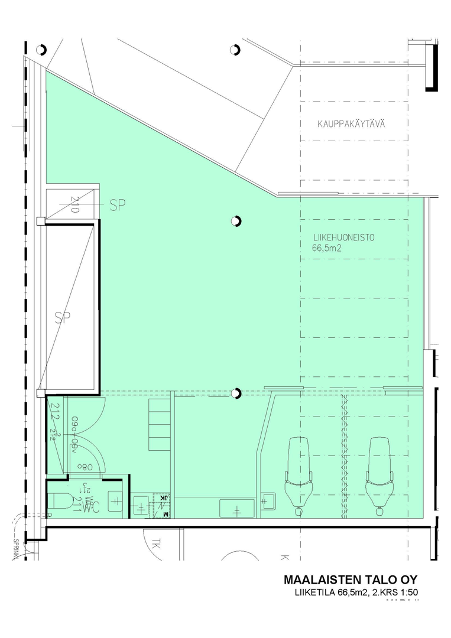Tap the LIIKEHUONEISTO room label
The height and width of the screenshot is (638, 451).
coord(345,239)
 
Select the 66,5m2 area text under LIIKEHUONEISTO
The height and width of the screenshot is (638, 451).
coord(327,249)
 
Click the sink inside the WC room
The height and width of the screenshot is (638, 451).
coord(116,500)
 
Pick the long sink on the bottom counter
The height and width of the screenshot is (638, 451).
coord(237,507)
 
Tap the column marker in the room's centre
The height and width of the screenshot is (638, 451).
coord(236,222)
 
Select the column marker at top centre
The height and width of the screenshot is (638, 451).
coord(235,50)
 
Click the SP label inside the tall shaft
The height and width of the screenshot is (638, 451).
coord(62,318)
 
